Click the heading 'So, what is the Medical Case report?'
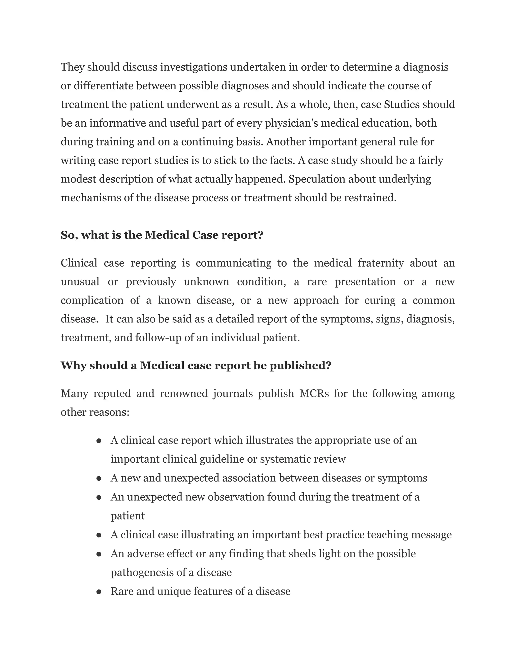(162, 235)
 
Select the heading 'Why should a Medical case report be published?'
(196, 365)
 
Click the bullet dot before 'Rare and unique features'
(99, 591)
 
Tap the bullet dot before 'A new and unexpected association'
(99, 478)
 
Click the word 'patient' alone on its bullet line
(127, 516)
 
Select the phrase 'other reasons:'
(95, 412)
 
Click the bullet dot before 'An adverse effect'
(99, 554)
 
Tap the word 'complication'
(92, 301)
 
